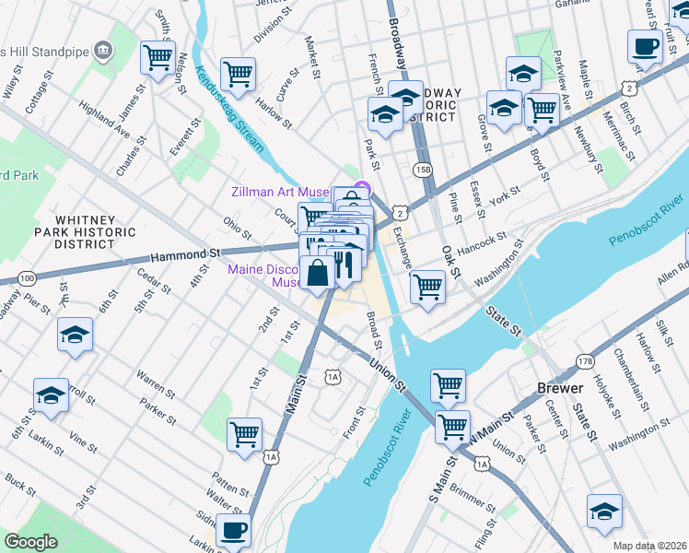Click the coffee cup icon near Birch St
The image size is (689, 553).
[644, 46]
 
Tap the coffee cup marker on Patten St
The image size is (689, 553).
[233, 530]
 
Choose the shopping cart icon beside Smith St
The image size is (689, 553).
[158, 57]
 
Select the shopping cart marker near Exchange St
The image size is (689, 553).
[427, 286]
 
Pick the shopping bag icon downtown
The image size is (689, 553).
[317, 273]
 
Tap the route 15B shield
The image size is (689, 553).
[423, 170]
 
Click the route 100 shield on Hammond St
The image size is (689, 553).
[28, 277]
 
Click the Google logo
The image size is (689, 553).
[30, 541]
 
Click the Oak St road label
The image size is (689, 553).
[450, 259]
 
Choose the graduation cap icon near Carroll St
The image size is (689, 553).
[51, 394]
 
